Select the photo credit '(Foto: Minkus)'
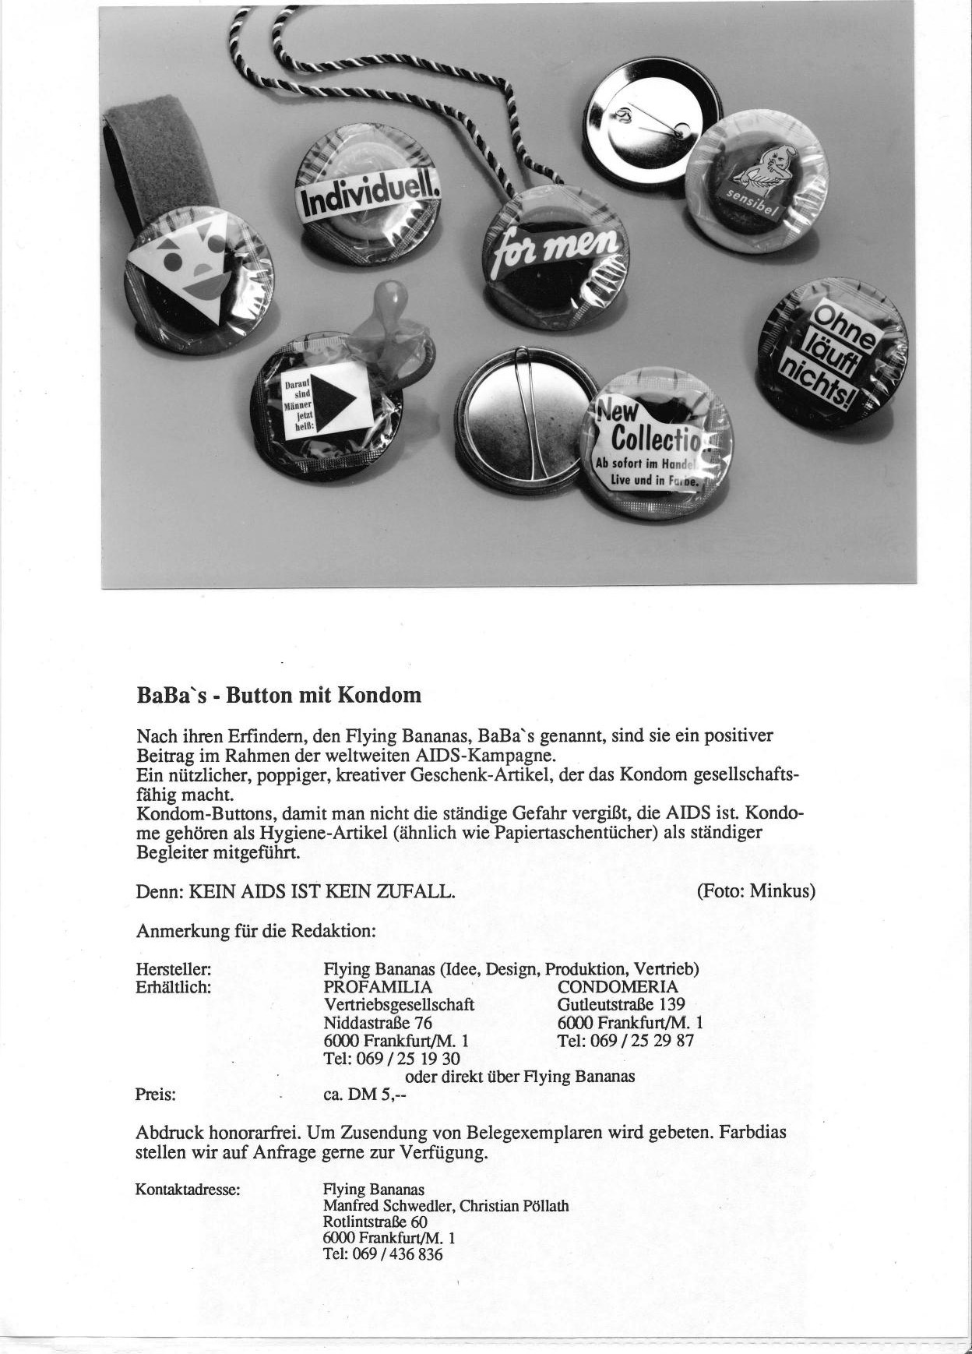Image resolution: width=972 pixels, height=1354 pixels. pos(755,890)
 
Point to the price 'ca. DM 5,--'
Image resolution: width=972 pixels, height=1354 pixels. pos(365,1095)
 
